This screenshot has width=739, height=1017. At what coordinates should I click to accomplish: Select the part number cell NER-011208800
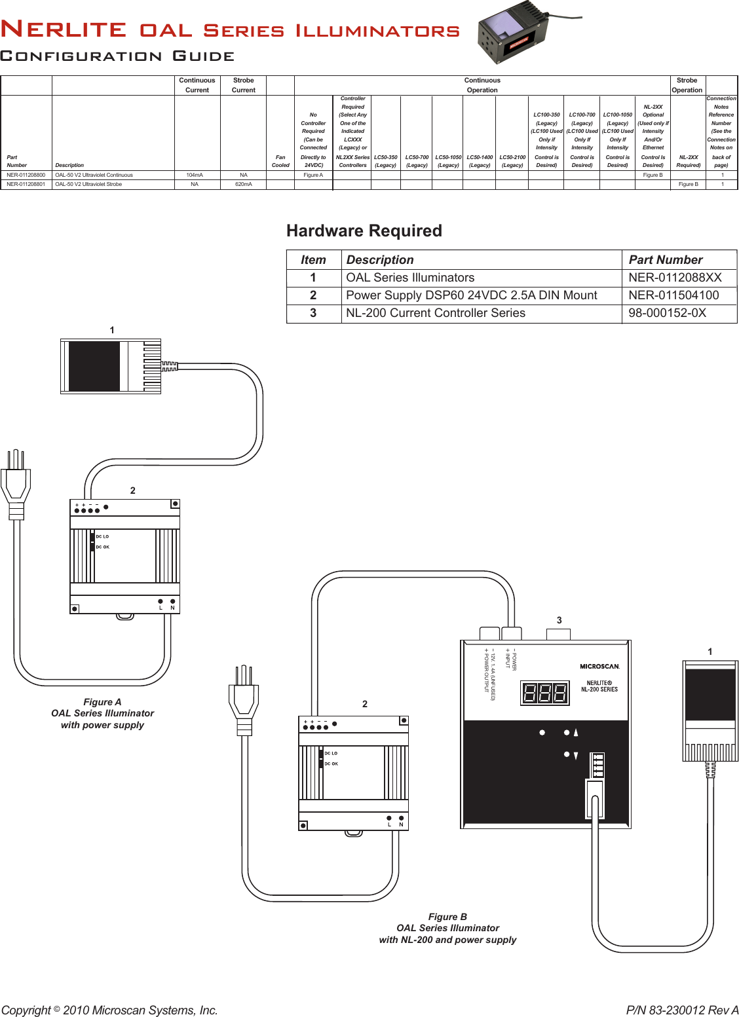pos(26,176)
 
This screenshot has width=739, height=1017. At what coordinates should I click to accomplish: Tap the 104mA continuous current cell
pos(195,176)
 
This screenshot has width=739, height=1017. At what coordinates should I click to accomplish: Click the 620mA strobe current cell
pos(244,185)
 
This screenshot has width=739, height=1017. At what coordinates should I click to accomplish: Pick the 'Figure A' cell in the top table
pos(313,176)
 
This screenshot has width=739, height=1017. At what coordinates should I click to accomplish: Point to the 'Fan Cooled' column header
pos(280,161)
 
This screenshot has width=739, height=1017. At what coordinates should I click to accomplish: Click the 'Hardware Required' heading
pos(364,231)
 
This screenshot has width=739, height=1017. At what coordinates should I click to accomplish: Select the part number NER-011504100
pos(673,295)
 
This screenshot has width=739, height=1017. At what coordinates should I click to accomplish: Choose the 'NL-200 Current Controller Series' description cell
pos(436,313)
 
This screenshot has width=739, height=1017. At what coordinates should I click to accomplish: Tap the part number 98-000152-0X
pos(667,313)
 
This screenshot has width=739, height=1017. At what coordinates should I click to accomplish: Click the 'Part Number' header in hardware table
pos(665,260)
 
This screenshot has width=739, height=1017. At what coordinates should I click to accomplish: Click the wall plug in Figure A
pos(16,485)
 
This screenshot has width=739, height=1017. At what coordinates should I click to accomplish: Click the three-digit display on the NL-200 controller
pos(545,693)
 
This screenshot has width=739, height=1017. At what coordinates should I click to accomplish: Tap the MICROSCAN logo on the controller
pos(599,667)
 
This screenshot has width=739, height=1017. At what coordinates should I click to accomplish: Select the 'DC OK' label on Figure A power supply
pos(102,547)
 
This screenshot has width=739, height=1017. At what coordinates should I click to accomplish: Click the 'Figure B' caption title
pos(447,917)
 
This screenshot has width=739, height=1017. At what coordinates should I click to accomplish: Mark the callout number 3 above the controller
pos(559,620)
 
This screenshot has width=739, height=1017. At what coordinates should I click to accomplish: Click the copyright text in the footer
pos(109,1010)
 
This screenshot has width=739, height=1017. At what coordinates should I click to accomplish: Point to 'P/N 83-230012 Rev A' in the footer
pos(682,1010)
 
